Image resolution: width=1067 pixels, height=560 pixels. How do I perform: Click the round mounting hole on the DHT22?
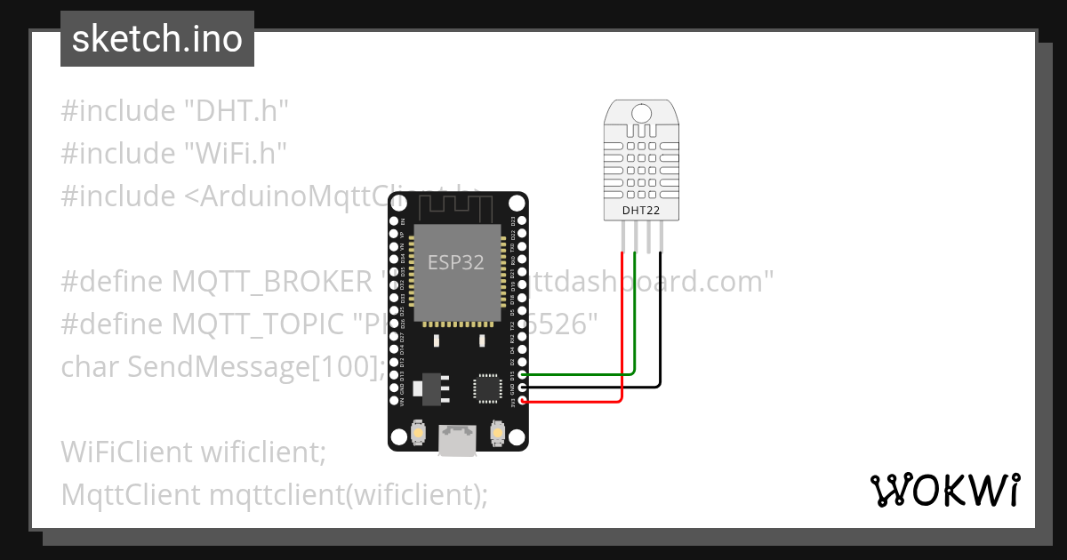click(x=641, y=113)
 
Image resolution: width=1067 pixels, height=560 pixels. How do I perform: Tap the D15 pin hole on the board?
click(x=523, y=374)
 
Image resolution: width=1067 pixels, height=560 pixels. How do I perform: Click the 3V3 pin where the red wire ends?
click(x=523, y=401)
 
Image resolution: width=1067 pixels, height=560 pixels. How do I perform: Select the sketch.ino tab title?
click(x=157, y=39)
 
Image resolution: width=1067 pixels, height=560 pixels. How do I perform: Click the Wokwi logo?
click(x=943, y=490)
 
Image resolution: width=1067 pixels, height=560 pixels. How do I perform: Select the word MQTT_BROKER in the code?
click(x=270, y=282)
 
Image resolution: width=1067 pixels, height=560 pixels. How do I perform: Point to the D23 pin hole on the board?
click(x=523, y=220)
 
